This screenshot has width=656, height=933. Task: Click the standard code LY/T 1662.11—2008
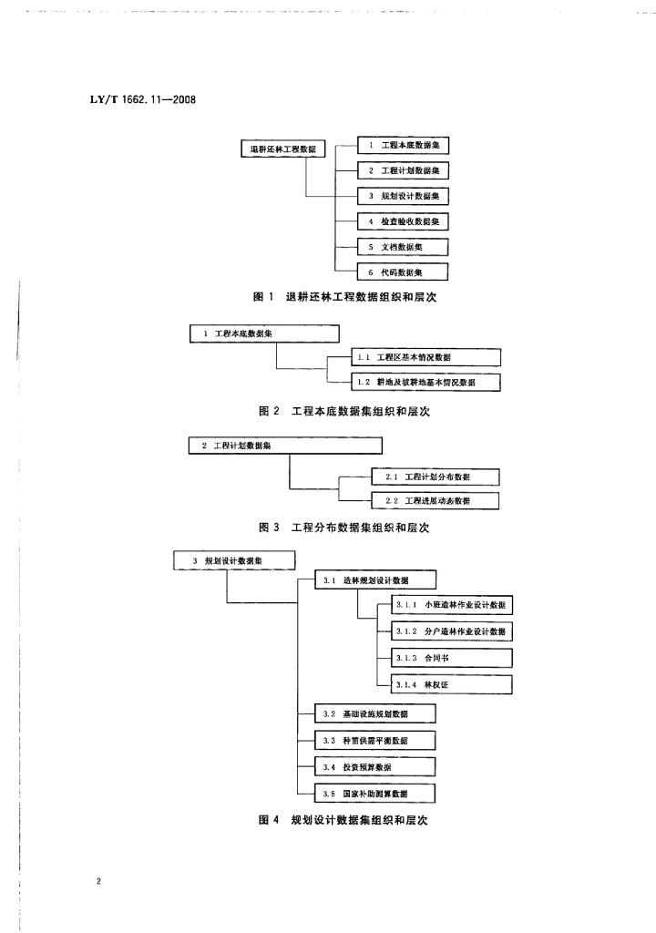pos(143,99)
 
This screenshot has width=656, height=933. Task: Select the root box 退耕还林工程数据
pos(283,149)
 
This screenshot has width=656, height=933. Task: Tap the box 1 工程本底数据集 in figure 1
pos(403,145)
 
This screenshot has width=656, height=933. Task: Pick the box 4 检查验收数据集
pos(403,221)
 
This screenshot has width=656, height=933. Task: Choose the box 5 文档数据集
pos(403,247)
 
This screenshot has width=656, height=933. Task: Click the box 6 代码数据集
pos(403,272)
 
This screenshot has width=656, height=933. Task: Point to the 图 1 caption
pos(344,296)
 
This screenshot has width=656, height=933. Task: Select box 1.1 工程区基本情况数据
pos(426,357)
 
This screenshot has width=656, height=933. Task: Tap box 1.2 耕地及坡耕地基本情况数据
pos(426,382)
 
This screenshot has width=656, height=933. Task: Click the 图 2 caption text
pos(344,411)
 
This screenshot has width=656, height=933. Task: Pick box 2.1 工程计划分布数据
pos(436,477)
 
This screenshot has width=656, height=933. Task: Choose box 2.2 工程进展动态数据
pos(436,501)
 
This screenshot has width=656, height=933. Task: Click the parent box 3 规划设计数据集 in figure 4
pos(234,560)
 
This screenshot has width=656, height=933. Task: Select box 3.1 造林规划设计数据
pos(375,580)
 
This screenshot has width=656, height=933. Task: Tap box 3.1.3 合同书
pos(452,658)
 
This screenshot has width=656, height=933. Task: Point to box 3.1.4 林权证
pos(452,684)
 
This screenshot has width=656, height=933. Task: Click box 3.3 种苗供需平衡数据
pos(375,740)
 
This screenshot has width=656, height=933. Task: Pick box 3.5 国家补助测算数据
pos(375,794)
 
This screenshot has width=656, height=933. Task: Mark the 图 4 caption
pos(343,820)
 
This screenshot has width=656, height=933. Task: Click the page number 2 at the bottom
pos(98,881)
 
